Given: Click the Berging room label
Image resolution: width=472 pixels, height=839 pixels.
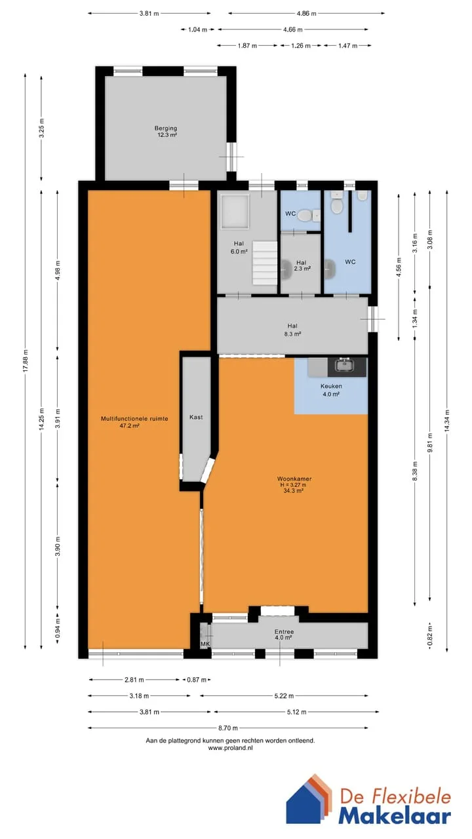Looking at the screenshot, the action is click(x=166, y=128).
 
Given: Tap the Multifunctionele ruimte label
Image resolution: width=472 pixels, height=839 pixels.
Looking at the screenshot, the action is click(x=134, y=419).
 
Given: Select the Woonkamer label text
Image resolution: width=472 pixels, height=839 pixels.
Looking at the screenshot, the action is click(x=294, y=478).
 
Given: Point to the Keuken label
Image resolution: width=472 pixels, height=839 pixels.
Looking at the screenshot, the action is click(x=331, y=386).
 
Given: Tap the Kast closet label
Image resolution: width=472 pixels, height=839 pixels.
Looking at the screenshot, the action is click(x=196, y=418).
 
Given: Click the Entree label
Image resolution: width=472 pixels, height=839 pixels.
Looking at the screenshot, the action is click(x=284, y=632).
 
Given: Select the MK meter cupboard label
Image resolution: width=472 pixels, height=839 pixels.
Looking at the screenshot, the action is click(x=205, y=644).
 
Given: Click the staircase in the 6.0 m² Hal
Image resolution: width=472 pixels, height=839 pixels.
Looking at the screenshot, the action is click(x=264, y=263).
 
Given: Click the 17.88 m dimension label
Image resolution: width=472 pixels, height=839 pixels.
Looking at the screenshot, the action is click(x=26, y=361).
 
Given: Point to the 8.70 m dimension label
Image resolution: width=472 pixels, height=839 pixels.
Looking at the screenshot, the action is click(x=228, y=728).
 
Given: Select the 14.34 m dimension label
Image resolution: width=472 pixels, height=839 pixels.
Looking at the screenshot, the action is click(x=447, y=421).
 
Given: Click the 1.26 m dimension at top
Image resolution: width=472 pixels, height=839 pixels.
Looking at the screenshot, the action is click(x=301, y=46).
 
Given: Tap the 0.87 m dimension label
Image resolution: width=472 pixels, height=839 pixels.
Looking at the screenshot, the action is click(x=197, y=680).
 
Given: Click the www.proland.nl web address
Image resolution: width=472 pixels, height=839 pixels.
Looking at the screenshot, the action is click(x=230, y=748).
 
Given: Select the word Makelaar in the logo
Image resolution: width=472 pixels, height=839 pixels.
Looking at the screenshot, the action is click(x=395, y=815).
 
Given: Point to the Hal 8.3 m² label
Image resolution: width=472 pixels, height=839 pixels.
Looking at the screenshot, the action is click(x=292, y=330).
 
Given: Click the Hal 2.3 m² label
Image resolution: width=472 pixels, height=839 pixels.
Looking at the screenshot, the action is click(x=302, y=265).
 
